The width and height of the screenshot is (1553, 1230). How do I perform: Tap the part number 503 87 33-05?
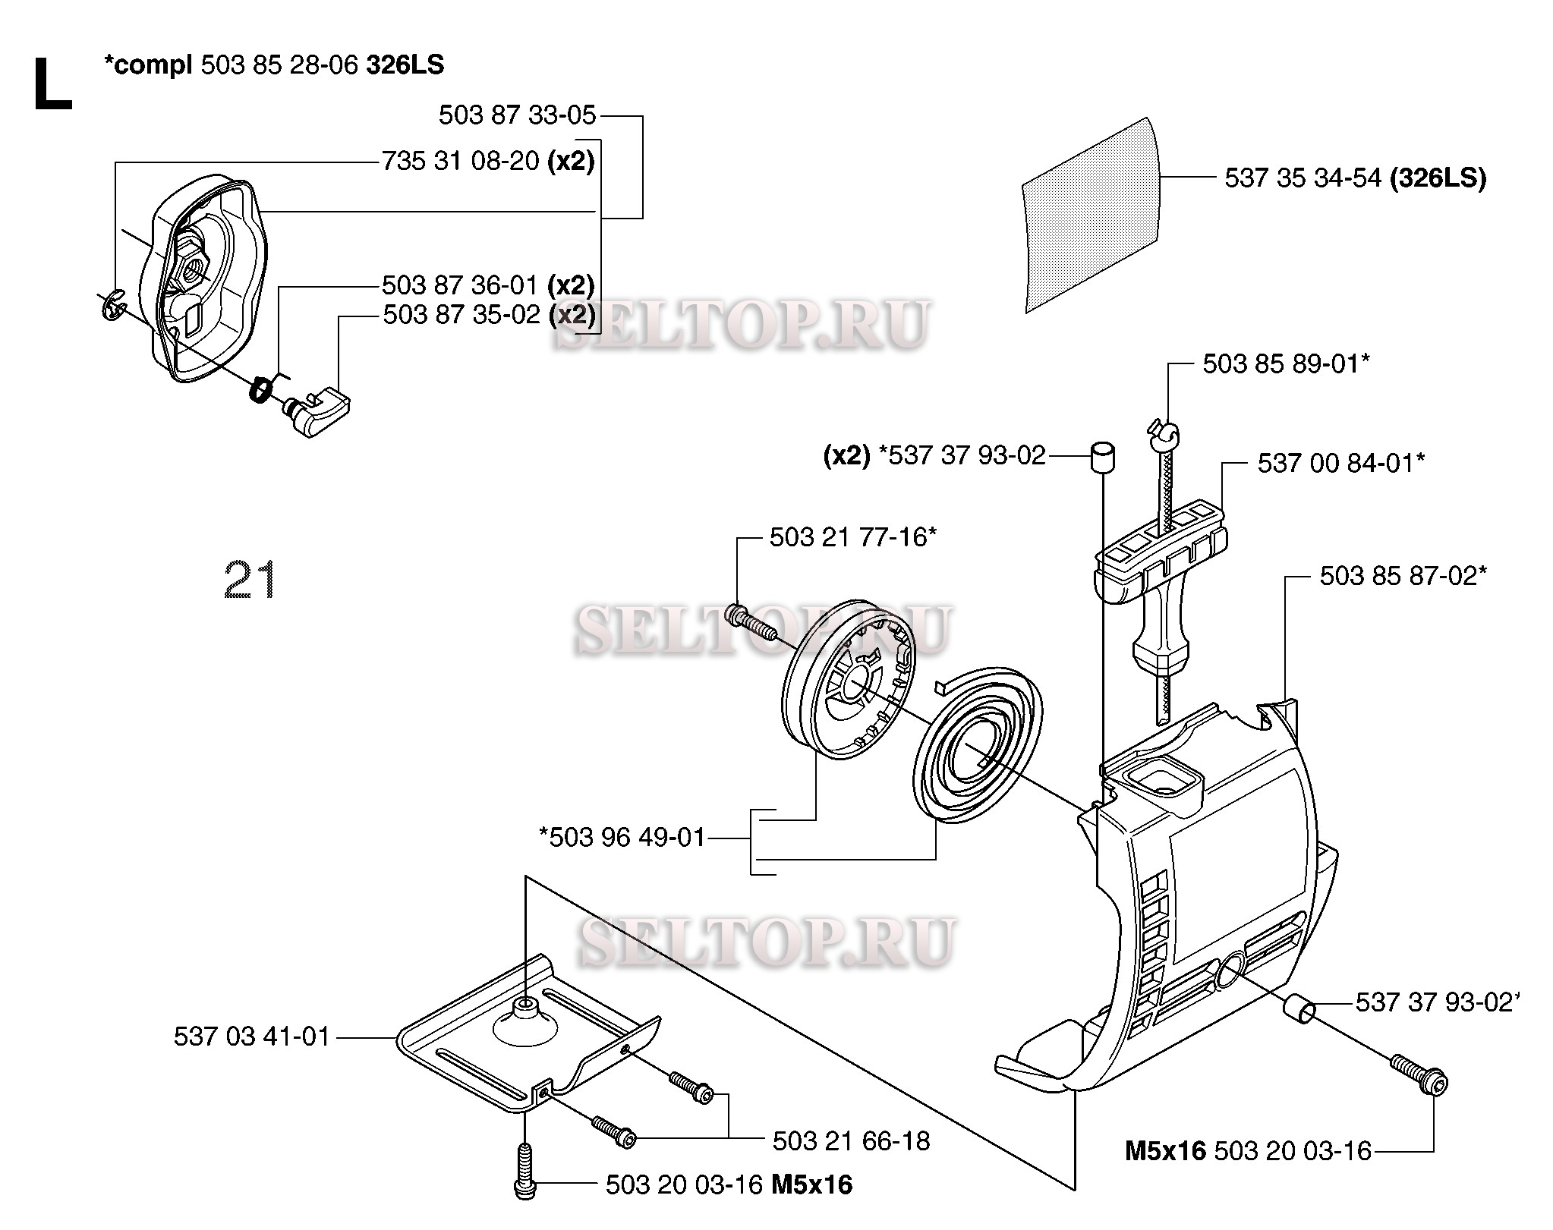(x=517, y=115)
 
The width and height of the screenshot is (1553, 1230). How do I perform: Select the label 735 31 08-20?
(x=461, y=161)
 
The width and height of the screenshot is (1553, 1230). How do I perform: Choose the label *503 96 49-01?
(x=622, y=838)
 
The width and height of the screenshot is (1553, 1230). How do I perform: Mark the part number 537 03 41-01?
(x=252, y=1037)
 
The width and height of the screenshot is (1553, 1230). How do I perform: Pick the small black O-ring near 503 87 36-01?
(x=260, y=390)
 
